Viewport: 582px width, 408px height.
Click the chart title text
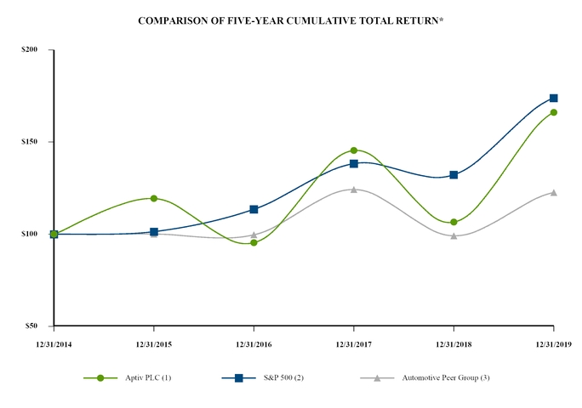click(290, 19)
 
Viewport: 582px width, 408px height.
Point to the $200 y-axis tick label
click(30, 50)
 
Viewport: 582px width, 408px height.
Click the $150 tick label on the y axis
click(30, 142)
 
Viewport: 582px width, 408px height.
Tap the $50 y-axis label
click(31, 326)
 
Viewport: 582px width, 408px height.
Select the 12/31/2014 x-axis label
click(53, 343)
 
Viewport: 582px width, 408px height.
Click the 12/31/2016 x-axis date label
click(254, 343)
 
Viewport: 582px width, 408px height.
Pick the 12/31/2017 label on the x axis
click(353, 343)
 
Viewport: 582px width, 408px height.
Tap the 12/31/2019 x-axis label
click(553, 343)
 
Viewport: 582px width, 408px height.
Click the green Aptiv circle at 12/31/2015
click(153, 198)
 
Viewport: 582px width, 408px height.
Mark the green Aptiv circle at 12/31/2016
click(254, 243)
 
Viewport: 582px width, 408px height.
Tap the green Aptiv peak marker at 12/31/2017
click(353, 150)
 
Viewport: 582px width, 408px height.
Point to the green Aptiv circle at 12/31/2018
click(454, 222)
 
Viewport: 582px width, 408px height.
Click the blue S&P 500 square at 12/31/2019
click(553, 98)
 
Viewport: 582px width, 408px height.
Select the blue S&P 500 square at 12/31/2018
click(454, 175)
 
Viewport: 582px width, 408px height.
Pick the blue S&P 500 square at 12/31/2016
click(254, 209)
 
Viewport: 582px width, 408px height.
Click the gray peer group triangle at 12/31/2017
click(353, 189)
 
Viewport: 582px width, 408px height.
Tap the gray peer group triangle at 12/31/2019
click(553, 192)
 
